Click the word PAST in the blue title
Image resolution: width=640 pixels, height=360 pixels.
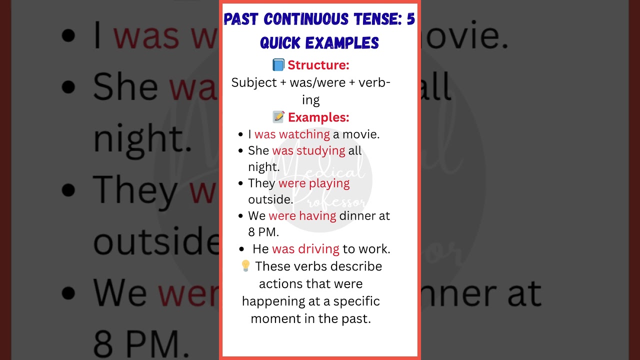tap(241, 19)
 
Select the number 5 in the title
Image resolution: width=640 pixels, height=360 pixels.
tap(410, 19)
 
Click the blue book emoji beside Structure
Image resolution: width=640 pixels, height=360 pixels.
tap(278, 65)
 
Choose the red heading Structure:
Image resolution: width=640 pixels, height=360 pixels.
tap(318, 65)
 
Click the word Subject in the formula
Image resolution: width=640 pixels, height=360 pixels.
tap(254, 83)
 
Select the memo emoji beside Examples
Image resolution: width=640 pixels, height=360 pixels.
tap(278, 117)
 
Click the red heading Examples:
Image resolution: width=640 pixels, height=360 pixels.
tap(318, 117)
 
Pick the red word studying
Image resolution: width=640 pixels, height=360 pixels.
tap(320, 150)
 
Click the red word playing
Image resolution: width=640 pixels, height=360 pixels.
tap(329, 183)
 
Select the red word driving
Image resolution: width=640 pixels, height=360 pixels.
tap(318, 249)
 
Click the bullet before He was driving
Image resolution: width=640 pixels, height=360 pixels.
tap(242, 249)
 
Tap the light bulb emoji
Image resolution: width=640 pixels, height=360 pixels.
tap(245, 266)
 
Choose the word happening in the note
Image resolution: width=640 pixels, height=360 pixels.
tap(267, 301)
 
